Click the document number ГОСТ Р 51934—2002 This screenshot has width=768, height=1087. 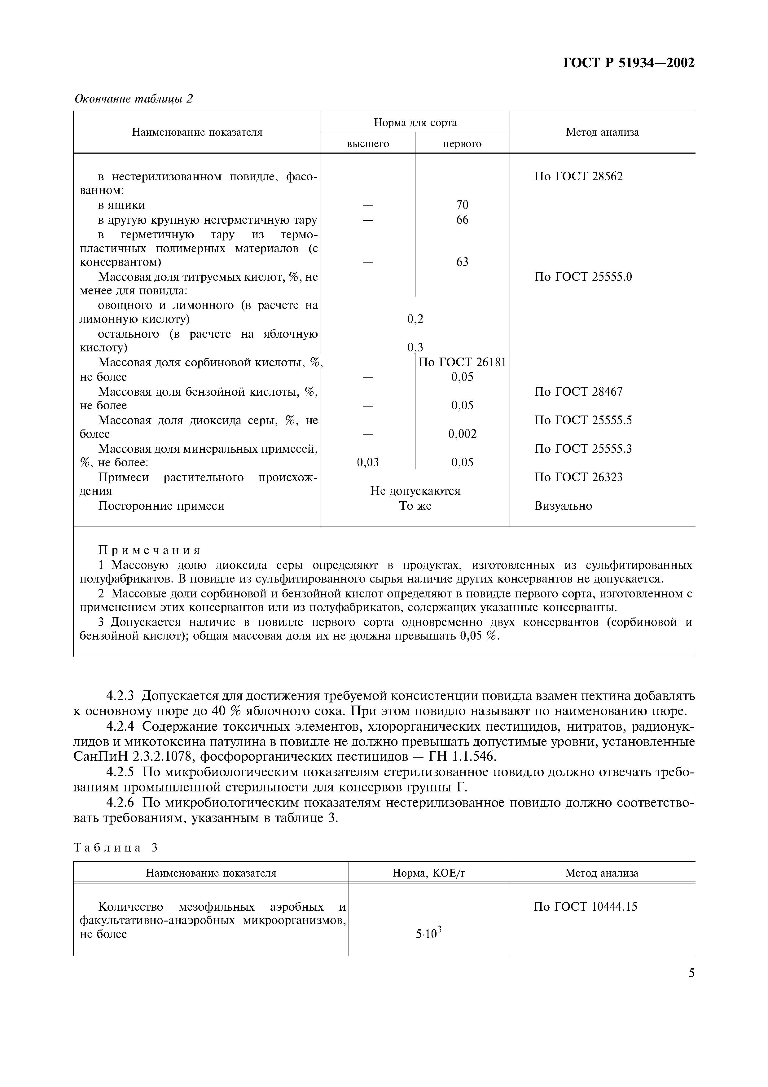pos(628,63)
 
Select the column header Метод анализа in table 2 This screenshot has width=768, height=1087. pos(602,132)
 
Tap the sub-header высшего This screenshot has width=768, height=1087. pos(368,143)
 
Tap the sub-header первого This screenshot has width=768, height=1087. pos(462,143)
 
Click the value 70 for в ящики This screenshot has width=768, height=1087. pos(462,205)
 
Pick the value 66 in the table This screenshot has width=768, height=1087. pos(462,220)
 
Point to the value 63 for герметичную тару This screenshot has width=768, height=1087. pos(462,262)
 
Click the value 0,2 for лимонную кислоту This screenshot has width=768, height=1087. pos(415,319)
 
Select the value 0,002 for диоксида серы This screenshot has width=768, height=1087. pos(462,434)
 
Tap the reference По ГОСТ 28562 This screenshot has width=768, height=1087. pos(578,177)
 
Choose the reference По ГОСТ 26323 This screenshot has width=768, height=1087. pos(578,477)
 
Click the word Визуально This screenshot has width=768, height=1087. pos(563,506)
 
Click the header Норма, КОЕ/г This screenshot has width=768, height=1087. pos(429,873)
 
